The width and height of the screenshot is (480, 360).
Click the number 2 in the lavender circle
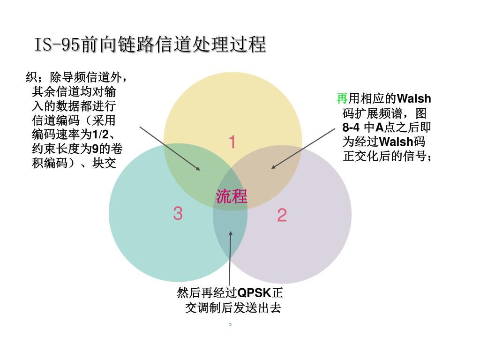pyautogui.click(x=282, y=216)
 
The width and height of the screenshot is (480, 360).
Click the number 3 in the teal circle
pyautogui.click(x=178, y=214)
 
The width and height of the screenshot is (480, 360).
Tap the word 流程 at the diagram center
pyautogui.click(x=232, y=196)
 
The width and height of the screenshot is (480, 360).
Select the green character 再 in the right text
pyautogui.click(x=342, y=98)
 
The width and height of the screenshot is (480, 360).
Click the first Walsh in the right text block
pyautogui.click(x=413, y=98)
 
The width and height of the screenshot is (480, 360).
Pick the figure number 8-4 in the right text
pyautogui.click(x=351, y=127)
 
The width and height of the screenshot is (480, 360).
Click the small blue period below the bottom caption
pyautogui.click(x=230, y=324)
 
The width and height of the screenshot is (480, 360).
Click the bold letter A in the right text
pyautogui.click(x=380, y=127)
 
